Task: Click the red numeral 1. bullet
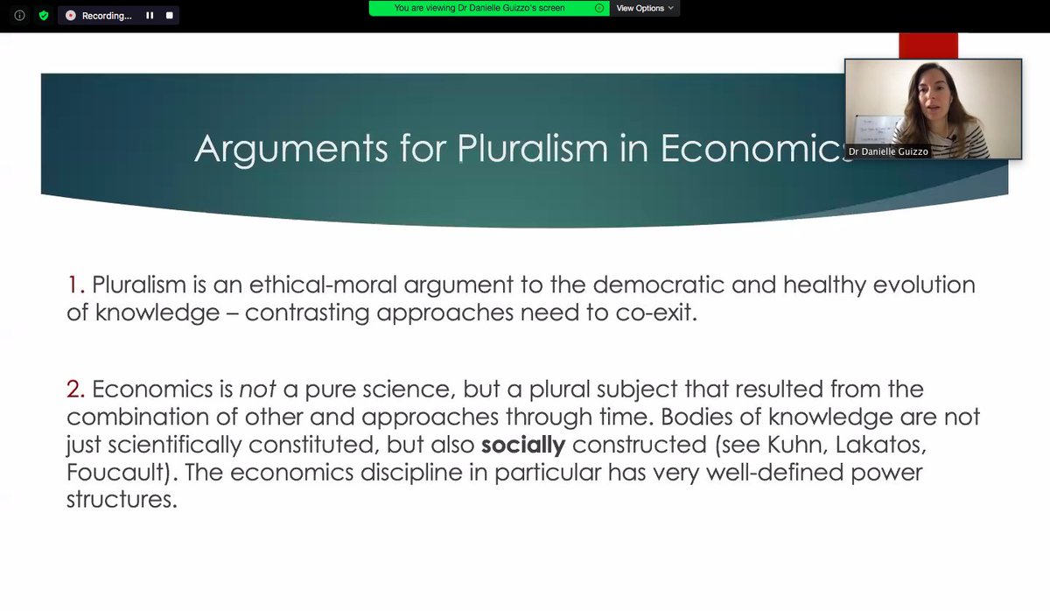[76, 284]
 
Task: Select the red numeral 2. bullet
[76, 389]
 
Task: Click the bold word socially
[523, 445]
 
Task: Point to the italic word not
[258, 389]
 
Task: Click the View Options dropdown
[645, 8]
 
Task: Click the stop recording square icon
[170, 16]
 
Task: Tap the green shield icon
[43, 16]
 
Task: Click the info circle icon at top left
[19, 16]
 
